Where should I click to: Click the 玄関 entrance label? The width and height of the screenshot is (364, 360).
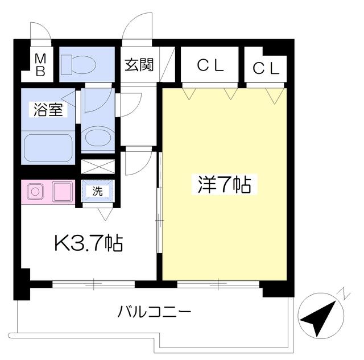(139, 64)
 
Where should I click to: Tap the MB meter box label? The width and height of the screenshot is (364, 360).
(40, 65)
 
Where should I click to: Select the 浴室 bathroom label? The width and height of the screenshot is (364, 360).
(48, 110)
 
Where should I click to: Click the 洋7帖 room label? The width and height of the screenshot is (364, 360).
(224, 184)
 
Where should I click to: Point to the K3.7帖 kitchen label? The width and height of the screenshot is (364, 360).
(89, 243)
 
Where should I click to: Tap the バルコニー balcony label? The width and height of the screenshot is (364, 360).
(154, 312)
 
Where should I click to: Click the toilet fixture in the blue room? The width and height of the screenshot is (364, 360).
(78, 64)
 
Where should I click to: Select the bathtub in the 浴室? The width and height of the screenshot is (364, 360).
(48, 148)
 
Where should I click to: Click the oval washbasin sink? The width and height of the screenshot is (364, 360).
(98, 136)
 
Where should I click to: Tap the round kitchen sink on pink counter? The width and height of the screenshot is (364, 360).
(35, 192)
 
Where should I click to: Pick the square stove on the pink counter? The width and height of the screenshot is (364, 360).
(62, 192)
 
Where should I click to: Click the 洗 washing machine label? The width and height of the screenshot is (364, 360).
(97, 191)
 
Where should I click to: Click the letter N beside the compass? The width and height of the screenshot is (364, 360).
(345, 293)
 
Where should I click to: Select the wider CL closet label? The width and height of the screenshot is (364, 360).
(210, 65)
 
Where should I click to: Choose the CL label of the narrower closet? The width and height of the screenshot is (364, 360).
(266, 68)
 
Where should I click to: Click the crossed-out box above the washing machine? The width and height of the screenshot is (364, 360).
(98, 167)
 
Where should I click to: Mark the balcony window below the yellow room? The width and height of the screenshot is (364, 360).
(218, 284)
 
